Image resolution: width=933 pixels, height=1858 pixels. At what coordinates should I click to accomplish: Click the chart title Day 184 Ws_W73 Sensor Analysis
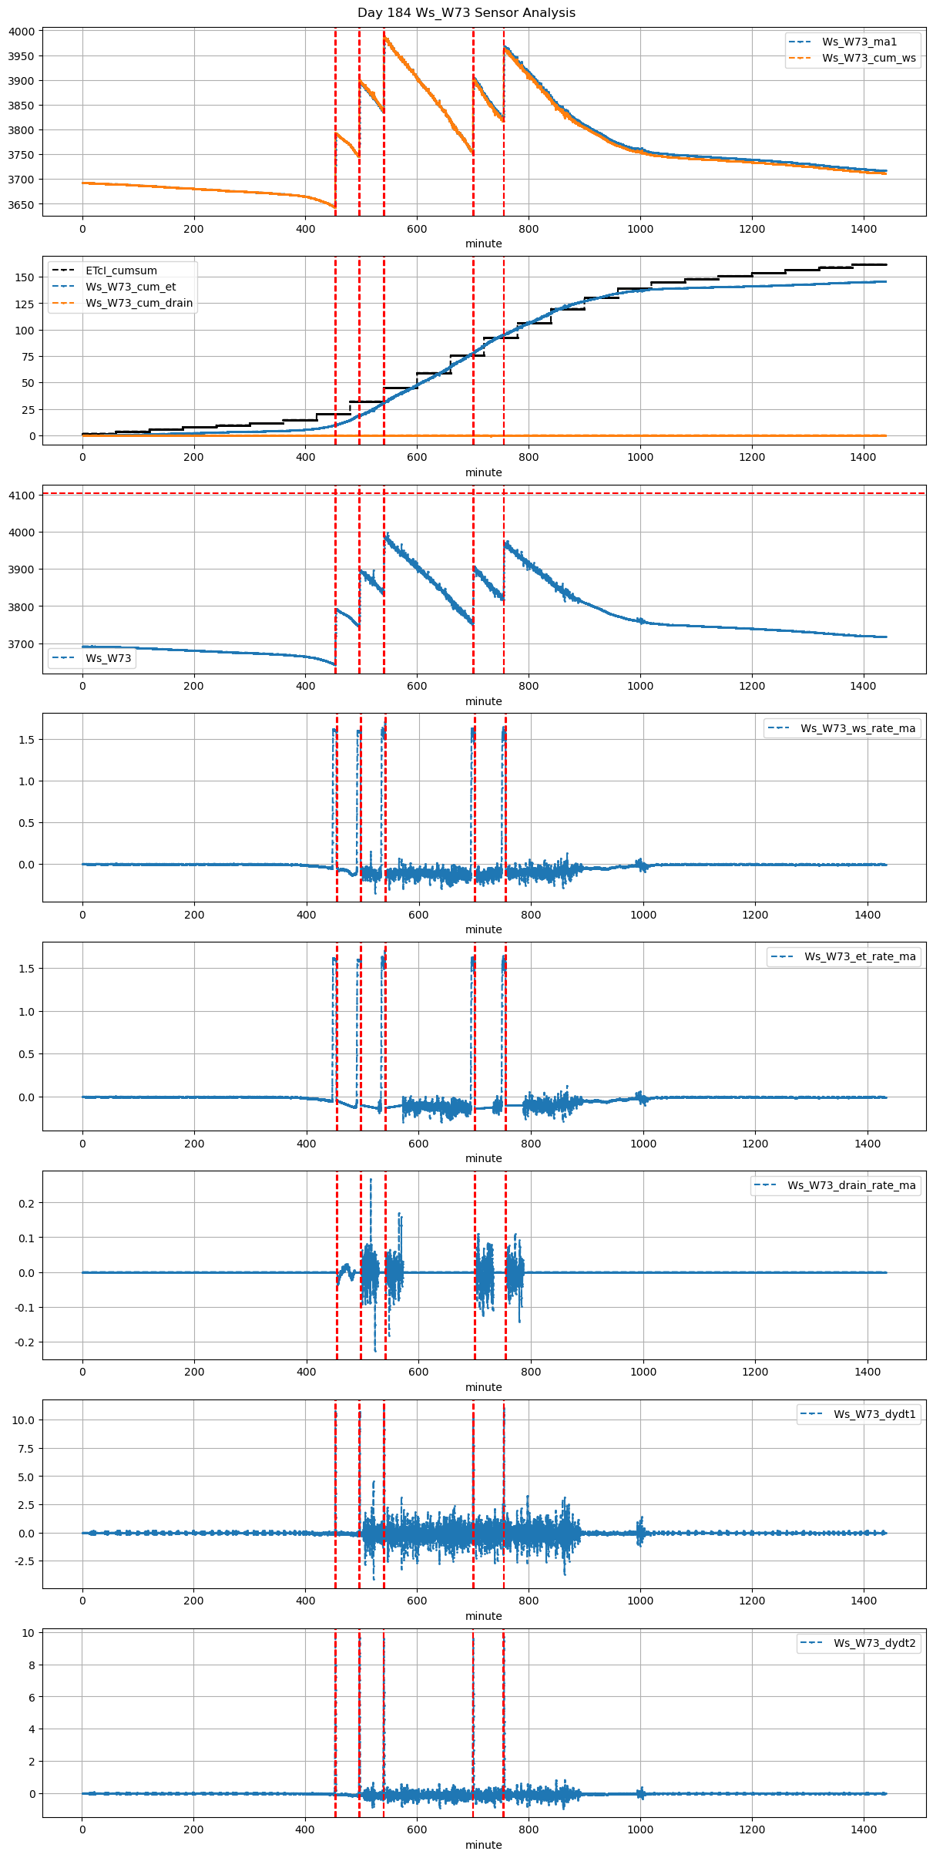pos(466,13)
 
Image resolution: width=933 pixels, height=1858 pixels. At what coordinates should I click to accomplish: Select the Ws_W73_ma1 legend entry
pos(859,42)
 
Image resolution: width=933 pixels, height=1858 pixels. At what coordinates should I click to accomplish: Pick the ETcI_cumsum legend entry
pos(121,270)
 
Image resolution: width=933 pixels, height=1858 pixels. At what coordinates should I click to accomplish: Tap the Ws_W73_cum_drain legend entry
pos(139,303)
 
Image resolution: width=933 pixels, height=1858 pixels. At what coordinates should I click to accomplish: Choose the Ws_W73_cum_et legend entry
pos(130,287)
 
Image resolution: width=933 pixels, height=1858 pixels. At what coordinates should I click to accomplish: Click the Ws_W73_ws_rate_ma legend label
pos(857,728)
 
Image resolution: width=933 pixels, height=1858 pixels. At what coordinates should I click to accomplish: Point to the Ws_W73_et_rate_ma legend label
pos(860,956)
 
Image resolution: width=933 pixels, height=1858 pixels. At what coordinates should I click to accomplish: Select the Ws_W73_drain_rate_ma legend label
pos(851,1185)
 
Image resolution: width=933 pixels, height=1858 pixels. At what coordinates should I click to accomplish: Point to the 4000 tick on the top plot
pos(22,32)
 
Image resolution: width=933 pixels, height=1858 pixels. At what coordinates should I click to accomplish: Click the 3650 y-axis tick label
pos(22,205)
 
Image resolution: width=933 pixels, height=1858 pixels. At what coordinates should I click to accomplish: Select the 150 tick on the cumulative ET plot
pos(26,277)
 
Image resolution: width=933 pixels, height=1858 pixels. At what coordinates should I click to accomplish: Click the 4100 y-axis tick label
pos(22,496)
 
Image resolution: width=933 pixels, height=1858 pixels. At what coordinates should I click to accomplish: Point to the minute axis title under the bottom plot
pos(483,1845)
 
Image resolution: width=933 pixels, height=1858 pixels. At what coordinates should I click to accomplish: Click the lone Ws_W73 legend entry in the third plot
pos(108,658)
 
